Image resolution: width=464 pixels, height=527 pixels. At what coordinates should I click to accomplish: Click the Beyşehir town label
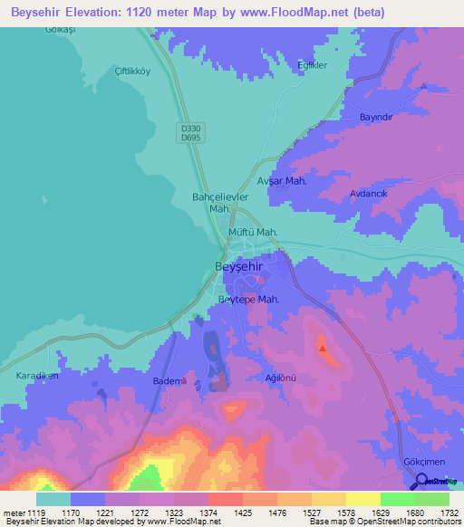point(241,266)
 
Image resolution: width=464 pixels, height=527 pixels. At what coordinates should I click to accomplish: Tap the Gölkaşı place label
point(60,30)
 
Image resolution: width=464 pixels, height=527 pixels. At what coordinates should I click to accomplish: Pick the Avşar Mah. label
point(283,181)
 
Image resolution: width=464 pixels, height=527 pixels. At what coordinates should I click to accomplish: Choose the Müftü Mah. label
point(252,232)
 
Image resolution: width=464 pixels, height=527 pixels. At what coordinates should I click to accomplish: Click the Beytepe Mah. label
point(248,299)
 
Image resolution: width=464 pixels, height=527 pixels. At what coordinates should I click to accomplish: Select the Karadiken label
point(37,375)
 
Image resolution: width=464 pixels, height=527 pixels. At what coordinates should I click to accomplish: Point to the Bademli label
point(169,381)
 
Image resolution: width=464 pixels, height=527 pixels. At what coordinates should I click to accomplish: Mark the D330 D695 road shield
point(188,133)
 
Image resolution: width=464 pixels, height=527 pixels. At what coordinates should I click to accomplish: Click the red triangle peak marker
point(322,345)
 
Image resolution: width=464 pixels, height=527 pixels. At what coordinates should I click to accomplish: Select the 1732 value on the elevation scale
point(448,513)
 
